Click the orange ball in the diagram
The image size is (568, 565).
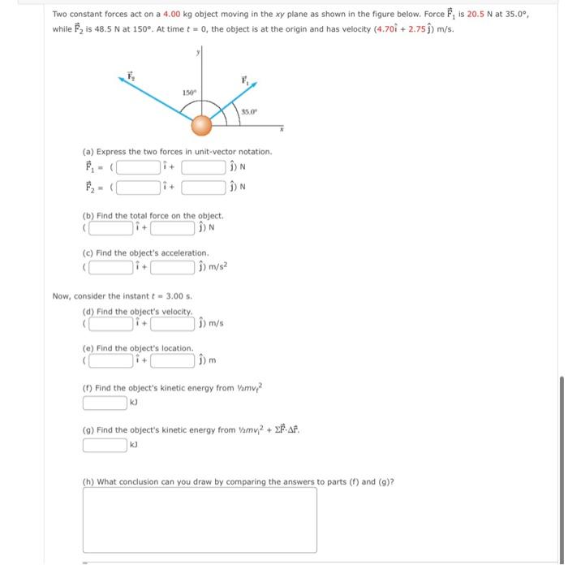pyautogui.click(x=201, y=125)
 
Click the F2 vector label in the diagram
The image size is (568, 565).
pyautogui.click(x=130, y=75)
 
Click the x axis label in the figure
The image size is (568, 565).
pyautogui.click(x=282, y=129)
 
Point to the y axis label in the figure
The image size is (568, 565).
pyautogui.click(x=196, y=53)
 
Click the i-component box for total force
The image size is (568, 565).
pyautogui.click(x=112, y=226)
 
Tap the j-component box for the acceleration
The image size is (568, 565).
pyautogui.click(x=172, y=265)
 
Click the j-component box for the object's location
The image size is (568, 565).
pyautogui.click(x=171, y=360)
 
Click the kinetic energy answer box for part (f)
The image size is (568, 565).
pyautogui.click(x=105, y=401)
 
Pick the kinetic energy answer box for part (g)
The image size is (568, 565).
pyautogui.click(x=105, y=444)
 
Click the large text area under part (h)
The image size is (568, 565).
pyautogui.click(x=200, y=520)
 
